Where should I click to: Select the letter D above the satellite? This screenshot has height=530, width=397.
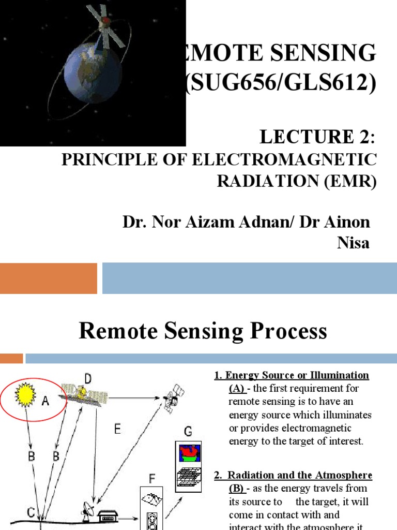click(88, 380)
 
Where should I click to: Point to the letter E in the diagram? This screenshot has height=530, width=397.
click(118, 429)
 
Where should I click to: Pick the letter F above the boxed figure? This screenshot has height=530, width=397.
click(152, 479)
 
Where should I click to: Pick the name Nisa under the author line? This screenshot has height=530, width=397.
click(353, 243)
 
